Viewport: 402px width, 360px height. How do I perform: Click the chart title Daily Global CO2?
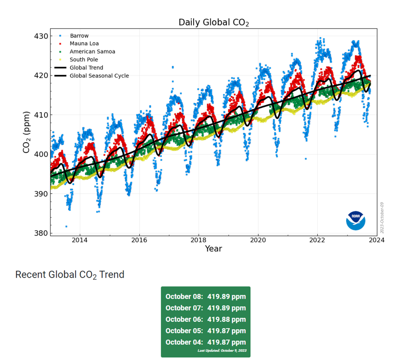pyautogui.click(x=213, y=22)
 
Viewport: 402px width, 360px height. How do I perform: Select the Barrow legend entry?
pyautogui.click(x=79, y=36)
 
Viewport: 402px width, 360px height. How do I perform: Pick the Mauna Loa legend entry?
pyautogui.click(x=84, y=44)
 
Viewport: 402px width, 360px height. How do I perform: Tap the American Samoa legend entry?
pyautogui.click(x=93, y=51)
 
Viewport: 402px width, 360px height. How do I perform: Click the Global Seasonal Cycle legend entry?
pyautogui.click(x=99, y=76)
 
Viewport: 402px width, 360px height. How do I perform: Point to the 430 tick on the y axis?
pyautogui.click(x=41, y=36)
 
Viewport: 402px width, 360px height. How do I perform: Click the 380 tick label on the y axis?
pyautogui.click(x=41, y=233)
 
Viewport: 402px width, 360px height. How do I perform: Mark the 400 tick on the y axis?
pyautogui.click(x=41, y=154)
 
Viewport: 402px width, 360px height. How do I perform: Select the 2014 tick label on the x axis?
pyautogui.click(x=80, y=240)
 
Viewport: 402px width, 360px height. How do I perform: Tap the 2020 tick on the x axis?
pyautogui.click(x=258, y=240)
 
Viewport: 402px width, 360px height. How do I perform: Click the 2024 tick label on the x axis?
pyautogui.click(x=377, y=240)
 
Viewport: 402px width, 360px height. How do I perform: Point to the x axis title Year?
pyautogui.click(x=213, y=249)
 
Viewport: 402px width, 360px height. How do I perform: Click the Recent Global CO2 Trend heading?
pyautogui.click(x=70, y=275)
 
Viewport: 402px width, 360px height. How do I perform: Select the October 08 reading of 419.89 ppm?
pyautogui.click(x=205, y=296)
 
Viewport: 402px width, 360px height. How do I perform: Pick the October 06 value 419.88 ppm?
pyautogui.click(x=205, y=319)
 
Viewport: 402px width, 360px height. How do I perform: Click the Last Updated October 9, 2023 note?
pyautogui.click(x=222, y=351)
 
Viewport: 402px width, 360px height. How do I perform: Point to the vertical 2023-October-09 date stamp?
pyautogui.click(x=382, y=218)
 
